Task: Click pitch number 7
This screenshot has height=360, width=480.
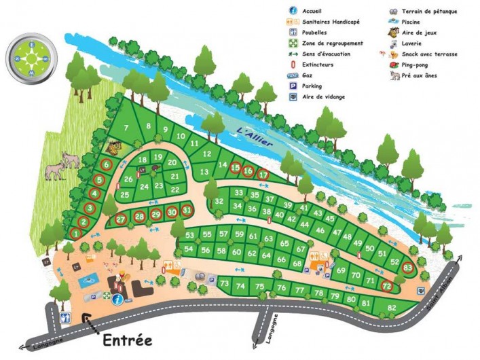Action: [126, 128]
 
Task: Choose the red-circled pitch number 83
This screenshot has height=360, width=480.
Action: [407, 268]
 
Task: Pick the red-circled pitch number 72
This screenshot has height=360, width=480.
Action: [387, 287]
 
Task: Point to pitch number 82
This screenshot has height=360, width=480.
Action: [392, 308]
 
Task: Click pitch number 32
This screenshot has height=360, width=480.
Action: [219, 202]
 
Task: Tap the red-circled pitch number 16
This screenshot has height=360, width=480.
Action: [248, 171]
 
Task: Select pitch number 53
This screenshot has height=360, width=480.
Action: [189, 235]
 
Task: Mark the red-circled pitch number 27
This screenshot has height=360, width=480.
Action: [120, 219]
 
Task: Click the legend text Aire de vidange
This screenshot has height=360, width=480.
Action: [325, 97]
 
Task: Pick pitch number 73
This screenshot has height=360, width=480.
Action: [224, 283]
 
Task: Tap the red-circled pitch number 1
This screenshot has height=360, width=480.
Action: [75, 233]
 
